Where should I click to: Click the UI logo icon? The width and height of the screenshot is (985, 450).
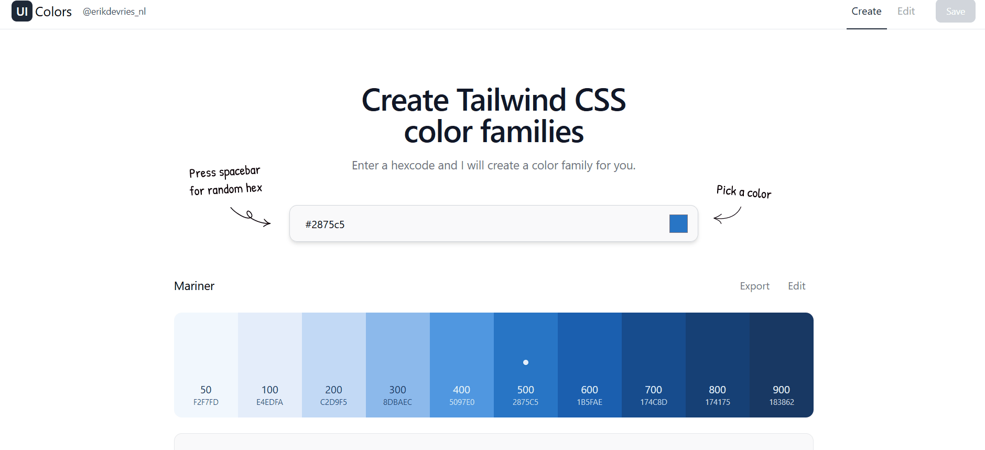click(x=22, y=11)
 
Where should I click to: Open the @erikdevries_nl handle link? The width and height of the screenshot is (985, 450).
click(x=114, y=12)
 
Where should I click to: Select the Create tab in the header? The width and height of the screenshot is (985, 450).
click(x=867, y=12)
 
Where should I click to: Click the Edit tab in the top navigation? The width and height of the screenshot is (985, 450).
click(x=906, y=12)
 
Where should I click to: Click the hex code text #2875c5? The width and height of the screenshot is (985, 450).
click(x=325, y=224)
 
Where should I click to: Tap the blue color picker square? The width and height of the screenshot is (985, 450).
click(x=678, y=223)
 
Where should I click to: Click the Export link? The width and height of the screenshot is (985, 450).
click(x=755, y=286)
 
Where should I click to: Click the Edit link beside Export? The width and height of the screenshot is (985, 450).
click(x=797, y=286)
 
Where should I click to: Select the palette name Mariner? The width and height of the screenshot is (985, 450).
click(x=194, y=286)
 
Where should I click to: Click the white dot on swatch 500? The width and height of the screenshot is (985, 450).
click(x=526, y=362)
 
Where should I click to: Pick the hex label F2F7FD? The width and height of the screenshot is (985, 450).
click(x=206, y=402)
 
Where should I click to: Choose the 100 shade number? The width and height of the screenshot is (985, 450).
click(x=270, y=390)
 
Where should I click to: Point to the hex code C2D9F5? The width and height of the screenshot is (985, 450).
click(x=334, y=402)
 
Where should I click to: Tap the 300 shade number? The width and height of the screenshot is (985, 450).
click(x=398, y=390)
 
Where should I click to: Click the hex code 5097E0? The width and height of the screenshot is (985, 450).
click(x=462, y=402)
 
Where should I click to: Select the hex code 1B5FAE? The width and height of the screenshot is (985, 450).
click(x=590, y=402)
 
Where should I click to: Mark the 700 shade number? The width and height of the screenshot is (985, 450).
click(x=654, y=390)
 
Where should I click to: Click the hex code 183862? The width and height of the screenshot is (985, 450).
click(x=782, y=402)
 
